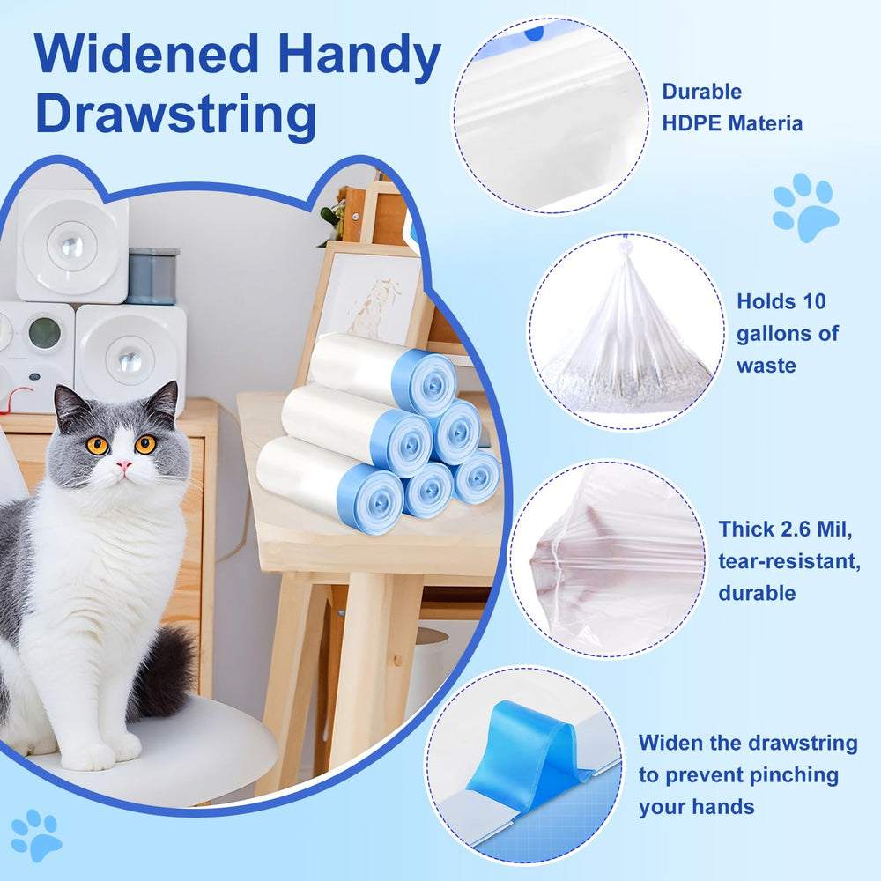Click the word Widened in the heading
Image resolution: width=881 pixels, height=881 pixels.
pos(146,54)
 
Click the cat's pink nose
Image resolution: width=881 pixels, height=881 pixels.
pos(123,465)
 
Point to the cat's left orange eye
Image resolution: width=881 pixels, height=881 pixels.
pos(97,446)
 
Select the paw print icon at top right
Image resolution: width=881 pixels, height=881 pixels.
pos(806,207)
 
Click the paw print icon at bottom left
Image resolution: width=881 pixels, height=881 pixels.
pos(36,835)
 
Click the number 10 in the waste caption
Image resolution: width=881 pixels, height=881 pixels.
pos(814,301)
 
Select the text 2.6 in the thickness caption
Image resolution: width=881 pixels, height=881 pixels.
pos(796,529)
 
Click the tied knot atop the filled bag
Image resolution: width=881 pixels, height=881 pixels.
pos(625,248)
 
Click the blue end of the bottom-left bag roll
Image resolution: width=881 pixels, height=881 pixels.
pos(371,498)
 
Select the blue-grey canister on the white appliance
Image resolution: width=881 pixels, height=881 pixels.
pos(152,276)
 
